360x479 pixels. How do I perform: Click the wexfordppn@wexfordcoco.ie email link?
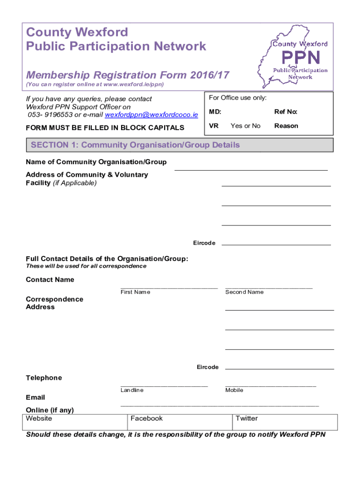point(151,115)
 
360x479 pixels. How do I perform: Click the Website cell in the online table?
point(75,421)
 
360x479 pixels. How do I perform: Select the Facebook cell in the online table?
point(180,421)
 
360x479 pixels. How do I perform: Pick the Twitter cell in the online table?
point(285,421)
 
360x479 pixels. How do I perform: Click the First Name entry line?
point(169,286)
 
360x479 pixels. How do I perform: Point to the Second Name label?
point(245,292)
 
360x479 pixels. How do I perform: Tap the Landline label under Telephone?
point(132,390)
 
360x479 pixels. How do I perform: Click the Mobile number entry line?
point(271,385)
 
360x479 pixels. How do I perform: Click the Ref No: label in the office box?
point(286,112)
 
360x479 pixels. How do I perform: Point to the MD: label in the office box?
point(215,112)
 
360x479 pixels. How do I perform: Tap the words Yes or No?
point(245,126)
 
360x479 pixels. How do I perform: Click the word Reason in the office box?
point(286,126)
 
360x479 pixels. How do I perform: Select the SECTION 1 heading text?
point(135,145)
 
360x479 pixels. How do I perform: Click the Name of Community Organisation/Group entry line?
point(251,168)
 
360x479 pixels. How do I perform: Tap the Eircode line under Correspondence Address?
point(280,369)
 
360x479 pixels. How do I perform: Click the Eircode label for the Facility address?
point(204,243)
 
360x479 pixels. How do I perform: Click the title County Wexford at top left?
point(77,32)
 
